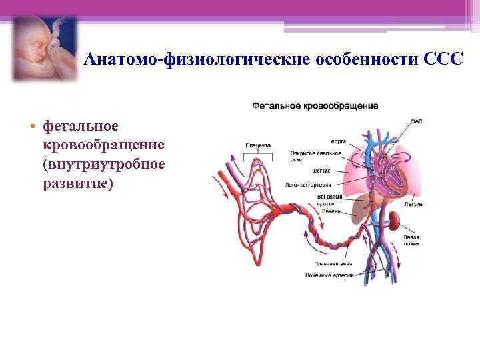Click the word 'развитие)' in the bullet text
(78, 183)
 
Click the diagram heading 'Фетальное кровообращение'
(315, 105)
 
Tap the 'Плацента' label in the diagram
(258, 145)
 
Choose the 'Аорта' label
(338, 141)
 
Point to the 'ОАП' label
(417, 121)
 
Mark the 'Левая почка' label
(411, 240)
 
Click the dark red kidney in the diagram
(395, 219)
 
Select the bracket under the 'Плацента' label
(258, 155)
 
